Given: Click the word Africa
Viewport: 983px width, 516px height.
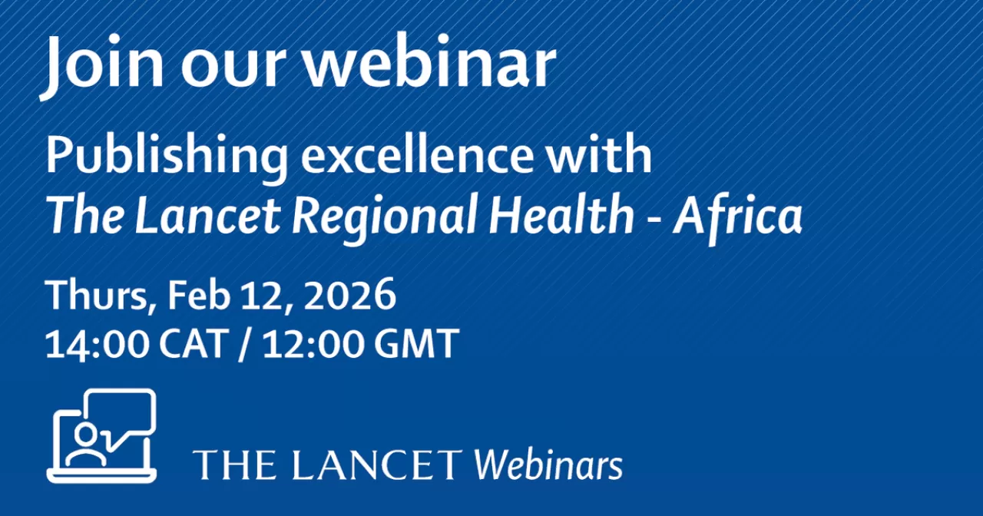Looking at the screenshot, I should [737, 216].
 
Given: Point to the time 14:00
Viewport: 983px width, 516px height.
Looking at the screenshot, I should [96, 344].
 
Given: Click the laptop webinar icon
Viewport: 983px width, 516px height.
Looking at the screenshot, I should [101, 437].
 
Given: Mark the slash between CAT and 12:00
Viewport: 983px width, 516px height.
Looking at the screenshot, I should [246, 345].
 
